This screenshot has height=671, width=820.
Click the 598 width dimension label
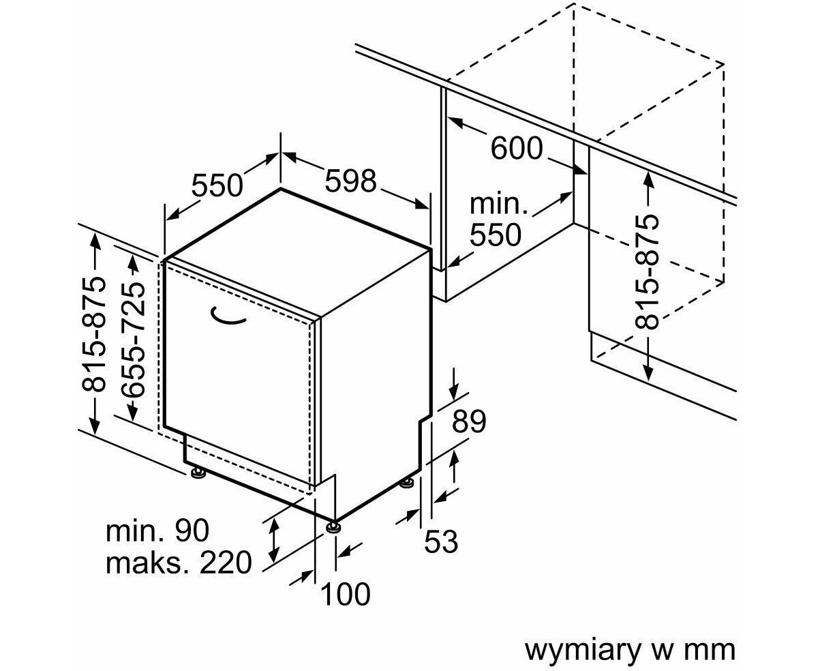(350, 181)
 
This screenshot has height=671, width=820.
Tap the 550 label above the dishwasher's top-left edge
(217, 185)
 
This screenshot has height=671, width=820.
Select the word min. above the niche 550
(500, 203)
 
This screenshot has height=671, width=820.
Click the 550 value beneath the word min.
(496, 235)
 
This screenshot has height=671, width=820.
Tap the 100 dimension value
(345, 594)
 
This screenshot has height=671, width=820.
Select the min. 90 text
(158, 531)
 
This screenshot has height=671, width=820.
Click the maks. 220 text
(179, 563)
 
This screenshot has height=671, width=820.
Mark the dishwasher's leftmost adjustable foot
(198, 472)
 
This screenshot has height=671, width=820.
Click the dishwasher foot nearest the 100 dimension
(334, 526)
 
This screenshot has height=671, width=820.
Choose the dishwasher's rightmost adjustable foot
(407, 483)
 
